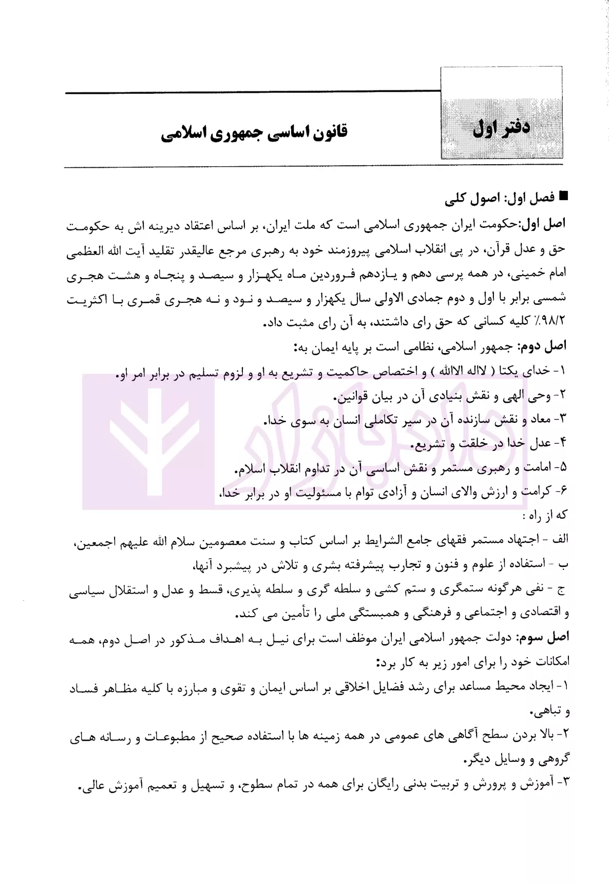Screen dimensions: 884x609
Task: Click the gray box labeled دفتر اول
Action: [x=502, y=128]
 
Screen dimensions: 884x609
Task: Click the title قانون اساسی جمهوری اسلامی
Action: [x=254, y=132]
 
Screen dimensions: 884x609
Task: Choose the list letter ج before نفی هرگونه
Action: [x=562, y=590]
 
